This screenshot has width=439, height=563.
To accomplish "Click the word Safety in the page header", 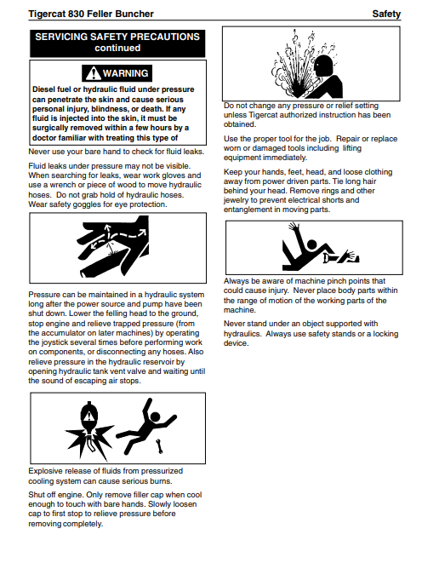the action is (x=386, y=14).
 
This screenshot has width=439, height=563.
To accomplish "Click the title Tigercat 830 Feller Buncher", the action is (x=91, y=14).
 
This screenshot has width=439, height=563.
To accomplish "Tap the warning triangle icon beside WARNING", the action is (x=94, y=73).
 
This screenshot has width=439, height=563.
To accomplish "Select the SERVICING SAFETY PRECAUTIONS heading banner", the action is (x=117, y=43).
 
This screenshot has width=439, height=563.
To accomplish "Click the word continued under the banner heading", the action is (x=117, y=48).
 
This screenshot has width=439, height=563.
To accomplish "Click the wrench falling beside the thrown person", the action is (x=159, y=445).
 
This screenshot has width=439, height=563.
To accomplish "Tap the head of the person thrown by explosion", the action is (x=155, y=417).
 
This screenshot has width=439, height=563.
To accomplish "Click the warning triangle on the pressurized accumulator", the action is (x=88, y=417).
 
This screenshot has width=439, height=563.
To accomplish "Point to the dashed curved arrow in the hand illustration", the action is (x=128, y=234).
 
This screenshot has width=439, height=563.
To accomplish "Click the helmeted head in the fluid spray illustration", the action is (x=324, y=66).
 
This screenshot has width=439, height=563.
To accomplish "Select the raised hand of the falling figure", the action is (x=294, y=227).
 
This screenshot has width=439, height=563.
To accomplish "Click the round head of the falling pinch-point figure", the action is (x=312, y=244).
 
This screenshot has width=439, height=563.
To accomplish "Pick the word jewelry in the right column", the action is (x=237, y=200).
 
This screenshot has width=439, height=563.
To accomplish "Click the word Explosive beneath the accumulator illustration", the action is (x=45, y=471).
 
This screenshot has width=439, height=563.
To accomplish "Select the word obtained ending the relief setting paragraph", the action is (x=240, y=124).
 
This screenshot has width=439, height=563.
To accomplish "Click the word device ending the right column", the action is (x=236, y=343).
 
